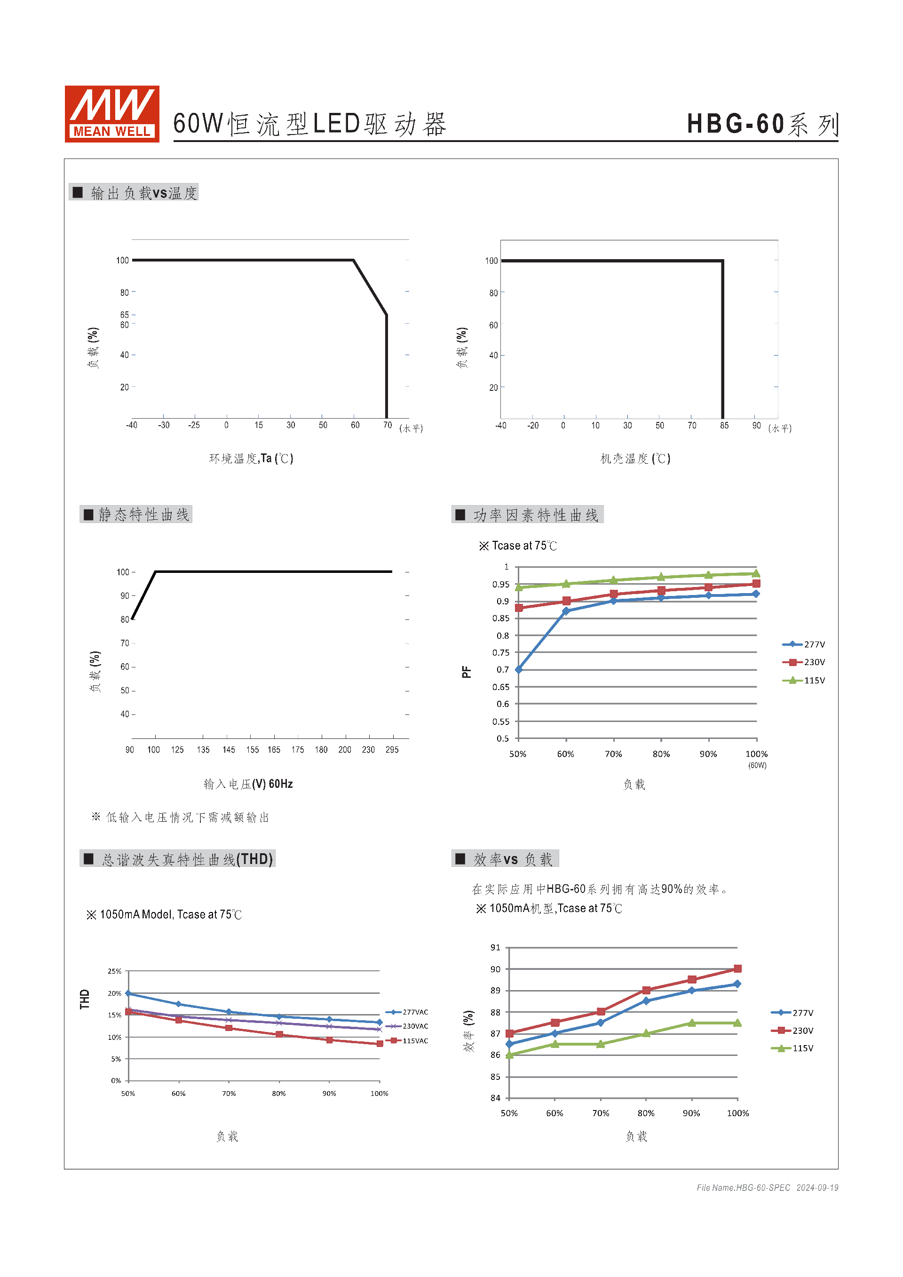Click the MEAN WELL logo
(x=112, y=114)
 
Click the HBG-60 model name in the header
(x=735, y=124)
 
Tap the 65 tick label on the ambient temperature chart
(x=124, y=315)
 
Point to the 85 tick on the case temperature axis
(x=724, y=426)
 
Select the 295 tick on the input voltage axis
(x=392, y=750)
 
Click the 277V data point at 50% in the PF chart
(x=519, y=670)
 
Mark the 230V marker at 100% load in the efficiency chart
(x=738, y=969)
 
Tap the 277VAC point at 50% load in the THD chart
(x=128, y=993)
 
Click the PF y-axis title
(x=466, y=672)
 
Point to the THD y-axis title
(x=85, y=999)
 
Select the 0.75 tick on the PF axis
(x=500, y=653)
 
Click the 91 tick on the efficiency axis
(x=495, y=948)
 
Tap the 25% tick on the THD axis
(x=115, y=972)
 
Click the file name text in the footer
(x=743, y=1188)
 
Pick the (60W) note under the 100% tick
(x=757, y=766)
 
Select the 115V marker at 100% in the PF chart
(x=756, y=573)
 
